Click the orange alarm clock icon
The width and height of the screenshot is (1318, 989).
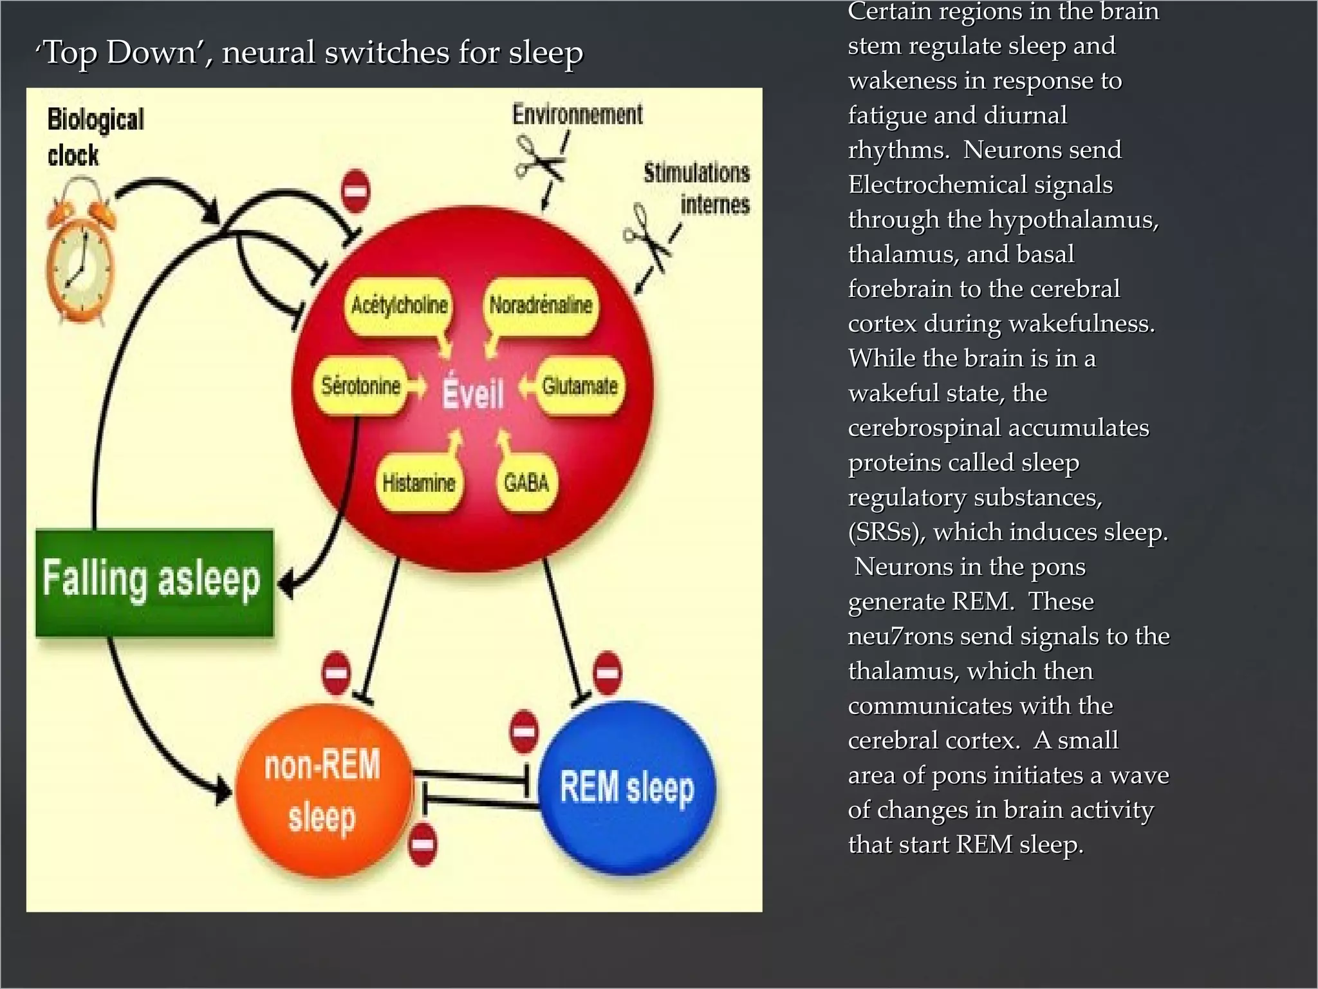[x=80, y=255]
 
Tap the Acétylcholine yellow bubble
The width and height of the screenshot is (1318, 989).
[x=399, y=305]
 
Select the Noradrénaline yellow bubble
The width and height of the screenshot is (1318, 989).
[x=541, y=305]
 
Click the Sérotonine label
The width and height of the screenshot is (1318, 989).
[x=361, y=386]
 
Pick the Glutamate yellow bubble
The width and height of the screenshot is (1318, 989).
[x=580, y=386]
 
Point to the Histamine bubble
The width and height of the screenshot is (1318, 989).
[x=418, y=483]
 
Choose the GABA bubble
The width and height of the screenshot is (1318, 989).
[x=526, y=483]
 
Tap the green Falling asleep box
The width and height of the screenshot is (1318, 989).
[x=154, y=582]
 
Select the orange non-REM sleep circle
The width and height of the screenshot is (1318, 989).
[x=323, y=791]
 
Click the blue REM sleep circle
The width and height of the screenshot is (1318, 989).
[x=627, y=788]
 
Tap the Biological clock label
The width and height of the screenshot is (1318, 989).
[x=94, y=137]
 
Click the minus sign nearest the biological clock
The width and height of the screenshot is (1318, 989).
[x=355, y=191]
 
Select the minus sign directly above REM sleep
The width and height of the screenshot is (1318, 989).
[x=607, y=673]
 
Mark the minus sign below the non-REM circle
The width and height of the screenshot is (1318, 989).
[x=423, y=843]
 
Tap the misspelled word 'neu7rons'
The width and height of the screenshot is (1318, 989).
[x=900, y=636]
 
